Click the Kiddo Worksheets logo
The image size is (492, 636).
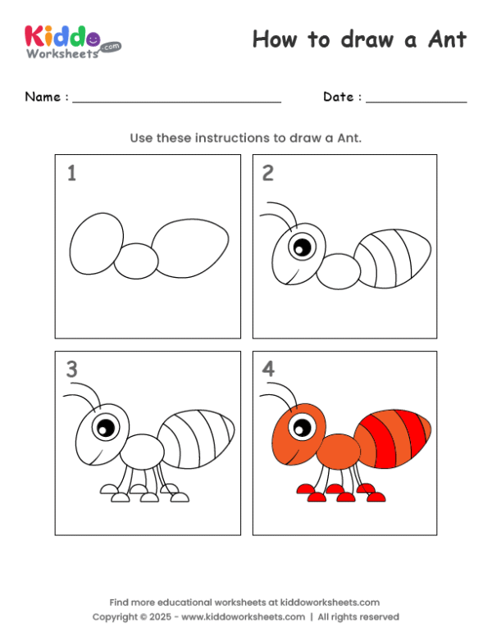click(72, 41)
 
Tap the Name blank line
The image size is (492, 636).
click(176, 102)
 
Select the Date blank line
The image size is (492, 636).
click(416, 102)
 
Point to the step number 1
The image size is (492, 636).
click(71, 174)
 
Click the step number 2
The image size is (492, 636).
click(268, 173)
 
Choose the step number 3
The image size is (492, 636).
click(71, 370)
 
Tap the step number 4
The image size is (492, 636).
click(268, 370)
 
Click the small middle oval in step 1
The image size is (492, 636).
click(136, 261)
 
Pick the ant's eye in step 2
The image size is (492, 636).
click(302, 245)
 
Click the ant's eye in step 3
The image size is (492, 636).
click(105, 426)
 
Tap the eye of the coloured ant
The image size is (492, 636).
click(302, 426)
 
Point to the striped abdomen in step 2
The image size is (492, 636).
click(395, 258)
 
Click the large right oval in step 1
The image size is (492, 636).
click(191, 248)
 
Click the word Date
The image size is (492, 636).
click(338, 97)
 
